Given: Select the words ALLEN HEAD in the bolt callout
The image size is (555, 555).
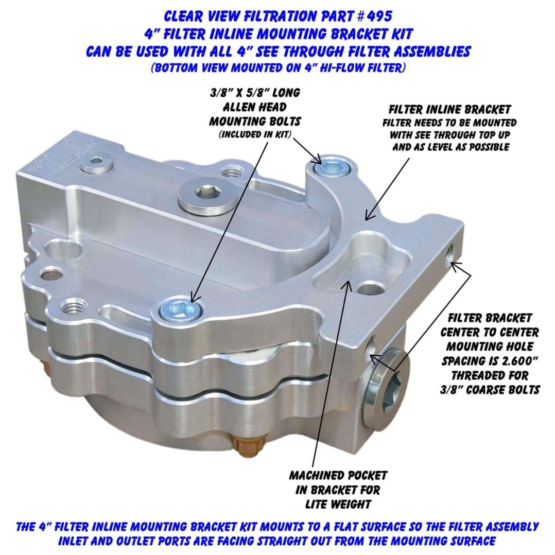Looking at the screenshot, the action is coord(254,107).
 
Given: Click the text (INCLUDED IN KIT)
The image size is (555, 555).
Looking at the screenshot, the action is coord(255,134).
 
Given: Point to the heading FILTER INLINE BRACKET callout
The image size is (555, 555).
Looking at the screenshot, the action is coord(449,109).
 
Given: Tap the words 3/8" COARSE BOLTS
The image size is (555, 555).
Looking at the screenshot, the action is coord(490,390).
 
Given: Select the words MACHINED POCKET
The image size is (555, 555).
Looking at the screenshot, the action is coord(338,475).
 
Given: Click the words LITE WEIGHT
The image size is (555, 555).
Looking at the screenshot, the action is coord(338,504).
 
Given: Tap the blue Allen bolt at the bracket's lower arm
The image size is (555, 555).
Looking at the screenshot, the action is coord(180,309).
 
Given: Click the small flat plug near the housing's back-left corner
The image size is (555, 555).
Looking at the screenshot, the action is coord(96,163).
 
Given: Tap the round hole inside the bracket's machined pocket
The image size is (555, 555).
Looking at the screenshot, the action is coord(370,288).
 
